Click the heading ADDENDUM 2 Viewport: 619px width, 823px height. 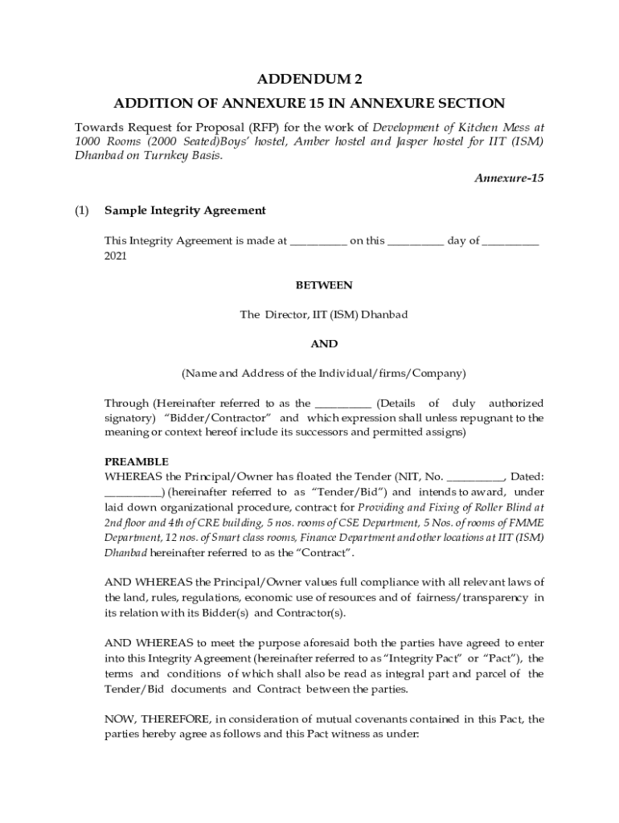tap(309, 79)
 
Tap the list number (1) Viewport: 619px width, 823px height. tap(81, 211)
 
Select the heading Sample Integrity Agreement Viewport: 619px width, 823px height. tap(185, 211)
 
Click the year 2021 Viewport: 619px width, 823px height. tap(116, 256)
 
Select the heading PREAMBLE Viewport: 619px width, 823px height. tap(137, 462)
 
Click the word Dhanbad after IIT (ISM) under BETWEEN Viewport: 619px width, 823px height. tap(383, 315)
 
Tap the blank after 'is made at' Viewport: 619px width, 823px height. tap(318, 241)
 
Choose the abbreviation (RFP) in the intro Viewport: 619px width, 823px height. tap(263, 127)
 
